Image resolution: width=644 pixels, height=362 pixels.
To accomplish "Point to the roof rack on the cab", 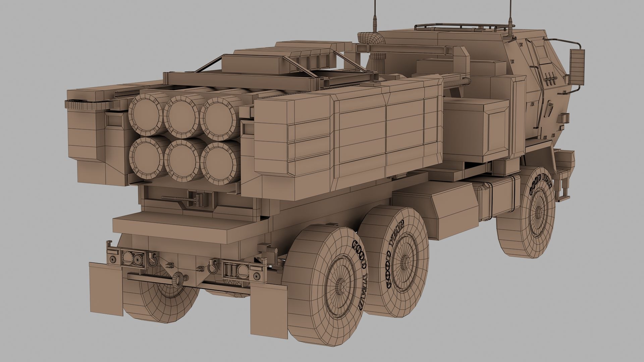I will pos(460,27).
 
